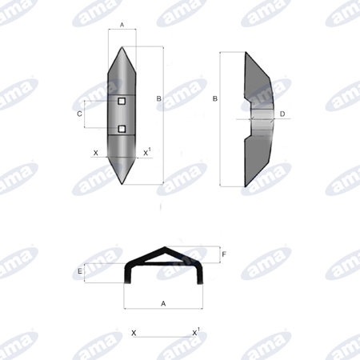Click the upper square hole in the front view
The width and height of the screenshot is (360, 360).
coord(122,101)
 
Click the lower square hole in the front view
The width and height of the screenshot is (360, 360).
coord(122,129)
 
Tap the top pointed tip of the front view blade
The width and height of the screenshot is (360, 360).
coord(122,47)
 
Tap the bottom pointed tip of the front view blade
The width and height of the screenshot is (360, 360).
coord(122,184)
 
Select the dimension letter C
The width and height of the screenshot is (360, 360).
coord(79,114)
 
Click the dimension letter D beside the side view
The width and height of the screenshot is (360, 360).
coord(282,114)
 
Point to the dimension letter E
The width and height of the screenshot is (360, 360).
coord(80,271)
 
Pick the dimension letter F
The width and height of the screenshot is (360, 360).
coord(224,254)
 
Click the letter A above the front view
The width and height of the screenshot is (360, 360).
coord(122,25)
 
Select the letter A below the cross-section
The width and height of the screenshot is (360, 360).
coord(163,303)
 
